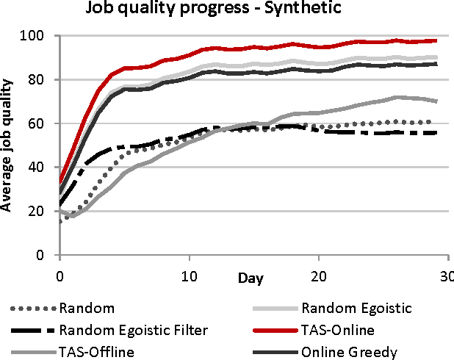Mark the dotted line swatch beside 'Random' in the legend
[x=34, y=309]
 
